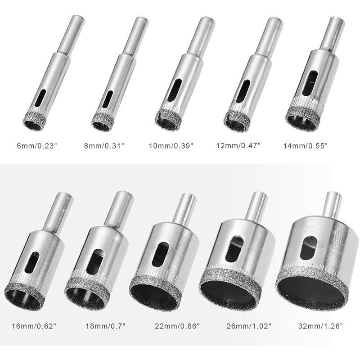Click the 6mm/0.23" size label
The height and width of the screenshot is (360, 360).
[x=37, y=146]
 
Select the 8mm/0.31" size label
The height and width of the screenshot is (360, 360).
[x=104, y=146]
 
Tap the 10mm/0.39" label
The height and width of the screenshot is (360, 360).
[x=171, y=146]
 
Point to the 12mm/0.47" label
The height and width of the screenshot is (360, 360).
[x=238, y=145]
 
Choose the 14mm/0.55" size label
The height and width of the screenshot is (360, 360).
[x=306, y=146]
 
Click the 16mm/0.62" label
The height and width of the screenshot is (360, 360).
[x=34, y=326]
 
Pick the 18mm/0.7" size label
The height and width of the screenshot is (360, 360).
[x=106, y=326]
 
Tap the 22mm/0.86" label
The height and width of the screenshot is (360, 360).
[x=177, y=326]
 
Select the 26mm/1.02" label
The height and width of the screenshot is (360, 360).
[x=249, y=326]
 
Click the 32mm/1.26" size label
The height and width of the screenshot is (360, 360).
[x=320, y=326]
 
